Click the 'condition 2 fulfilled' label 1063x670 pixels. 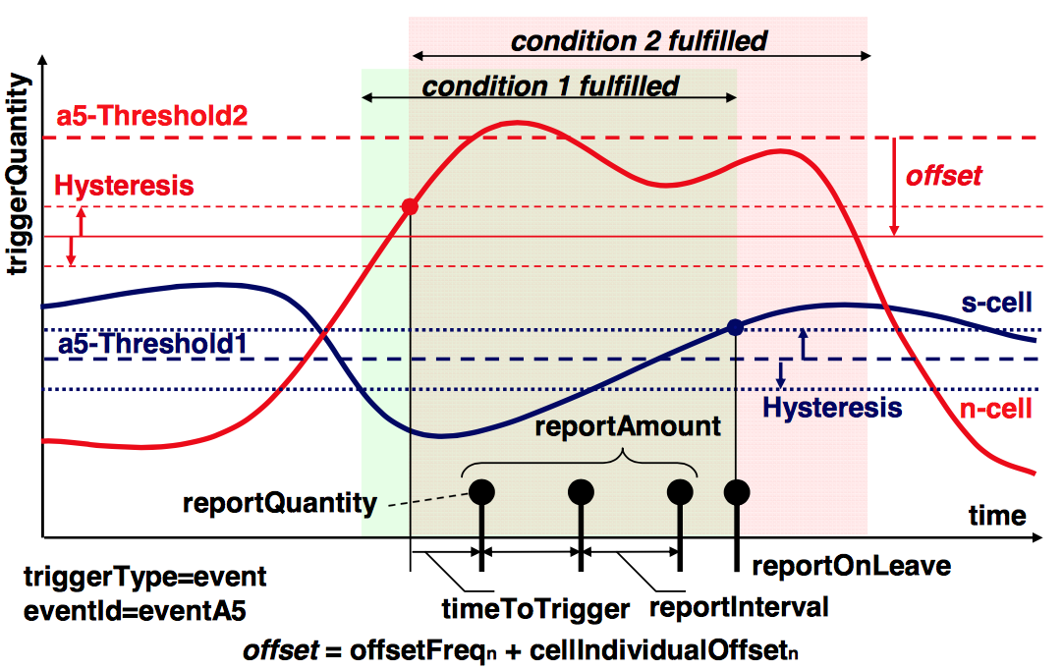point(639,41)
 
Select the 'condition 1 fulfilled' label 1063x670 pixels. point(550,86)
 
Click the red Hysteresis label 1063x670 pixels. point(124,186)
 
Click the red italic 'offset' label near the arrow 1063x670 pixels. point(943,176)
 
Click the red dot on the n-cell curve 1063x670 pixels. point(411,207)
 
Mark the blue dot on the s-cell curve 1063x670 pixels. point(734,328)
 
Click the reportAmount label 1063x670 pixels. point(628,427)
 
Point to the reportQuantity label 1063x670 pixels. point(280,503)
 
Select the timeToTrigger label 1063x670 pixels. point(535,609)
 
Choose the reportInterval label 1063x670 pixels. point(739,607)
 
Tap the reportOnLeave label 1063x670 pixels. point(851,567)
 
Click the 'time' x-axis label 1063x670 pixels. point(996,516)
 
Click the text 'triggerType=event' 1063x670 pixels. point(144,577)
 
